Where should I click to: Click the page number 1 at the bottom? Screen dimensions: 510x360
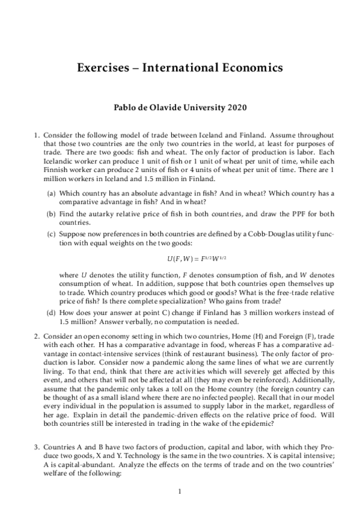(x=180, y=493)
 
